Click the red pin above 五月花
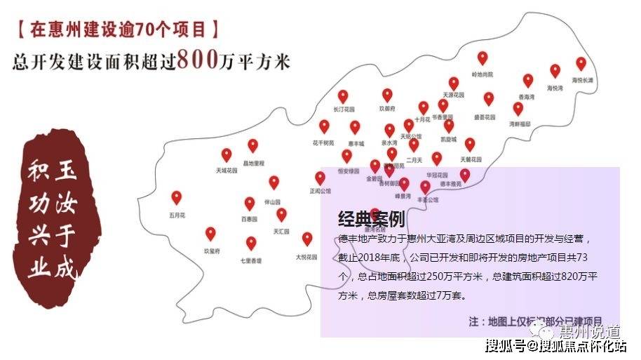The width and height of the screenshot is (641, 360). click(177, 197)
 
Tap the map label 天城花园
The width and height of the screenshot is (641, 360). click(227, 170)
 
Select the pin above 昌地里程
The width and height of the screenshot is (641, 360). click(253, 145)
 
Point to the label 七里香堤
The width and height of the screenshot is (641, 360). click(251, 260)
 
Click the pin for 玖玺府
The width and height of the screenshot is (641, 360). click(211, 234)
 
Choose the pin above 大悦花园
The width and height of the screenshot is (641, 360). click(307, 239)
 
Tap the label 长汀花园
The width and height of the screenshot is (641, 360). click(344, 109)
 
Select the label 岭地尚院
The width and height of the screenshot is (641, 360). click(483, 74)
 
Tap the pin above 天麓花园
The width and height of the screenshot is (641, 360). click(470, 144)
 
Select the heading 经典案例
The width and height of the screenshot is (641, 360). click(371, 220)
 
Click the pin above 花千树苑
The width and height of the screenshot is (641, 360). click(324, 126)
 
